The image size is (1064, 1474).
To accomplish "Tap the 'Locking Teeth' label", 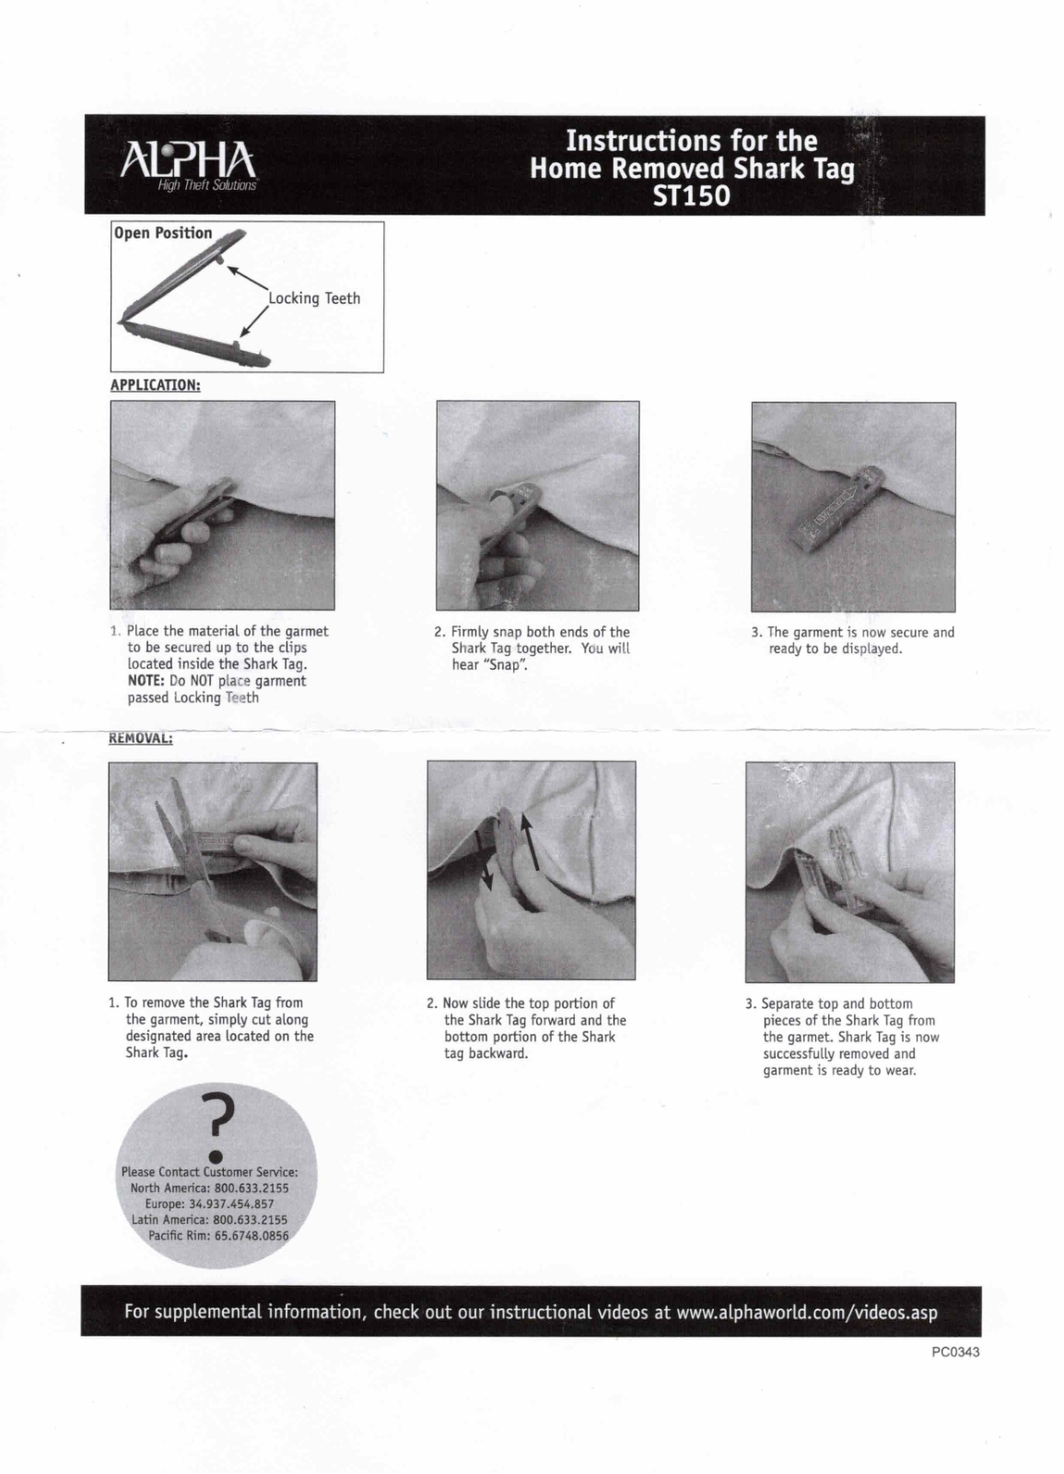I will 314,298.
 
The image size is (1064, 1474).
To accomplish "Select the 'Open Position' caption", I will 163,233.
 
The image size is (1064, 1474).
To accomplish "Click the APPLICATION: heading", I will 155,385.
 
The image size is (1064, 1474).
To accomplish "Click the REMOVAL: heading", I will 141,738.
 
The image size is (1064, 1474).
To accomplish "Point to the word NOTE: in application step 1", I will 146,681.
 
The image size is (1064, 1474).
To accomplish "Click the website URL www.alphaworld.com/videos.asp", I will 806,1312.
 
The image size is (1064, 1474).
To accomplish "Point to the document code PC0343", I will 954,1352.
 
